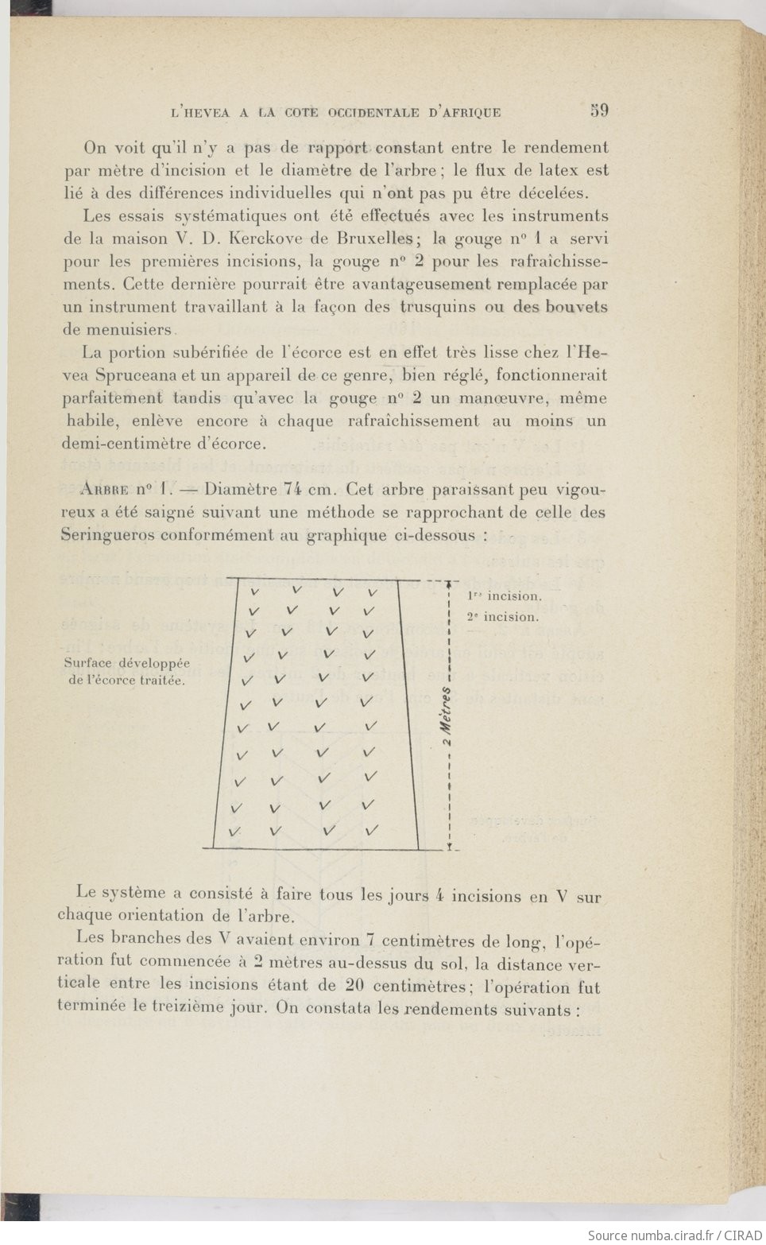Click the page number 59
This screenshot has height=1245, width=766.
tap(599, 111)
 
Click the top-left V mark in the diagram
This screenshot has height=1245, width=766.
tap(256, 591)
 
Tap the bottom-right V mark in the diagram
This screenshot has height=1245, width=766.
tap(371, 831)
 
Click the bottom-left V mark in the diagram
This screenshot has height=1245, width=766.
tap(234, 832)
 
